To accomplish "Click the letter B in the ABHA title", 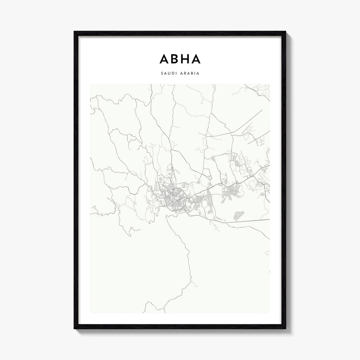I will (x=174, y=59).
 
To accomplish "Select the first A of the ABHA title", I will (x=164, y=59).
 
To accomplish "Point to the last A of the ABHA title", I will (x=196, y=59).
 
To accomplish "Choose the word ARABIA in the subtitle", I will (x=190, y=74).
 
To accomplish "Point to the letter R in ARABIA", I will (x=184, y=74).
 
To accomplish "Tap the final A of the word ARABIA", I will (x=199, y=74).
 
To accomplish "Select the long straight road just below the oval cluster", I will (x=250, y=221).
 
